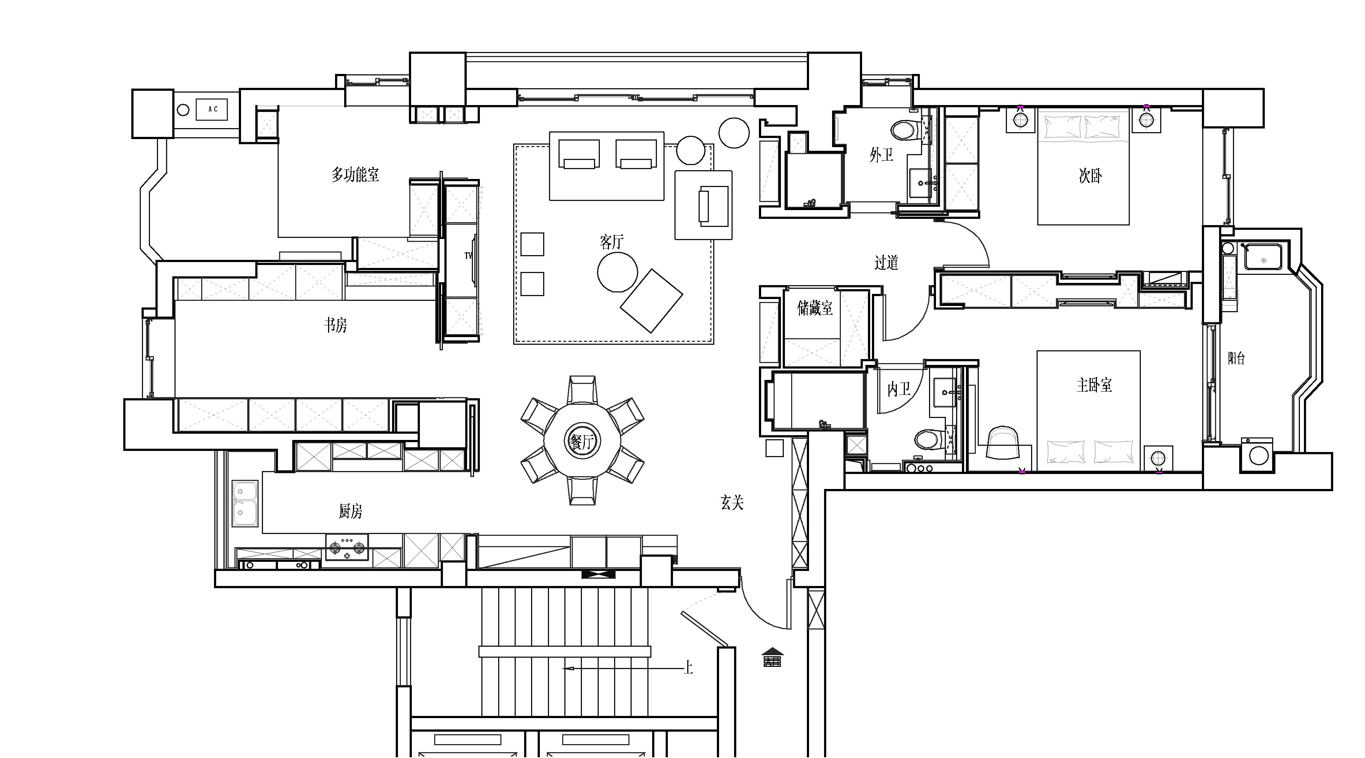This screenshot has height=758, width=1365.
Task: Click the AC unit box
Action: pos(213,109)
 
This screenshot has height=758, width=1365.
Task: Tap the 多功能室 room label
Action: pos(355,174)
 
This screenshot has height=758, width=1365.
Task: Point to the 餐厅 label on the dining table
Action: pos(582,441)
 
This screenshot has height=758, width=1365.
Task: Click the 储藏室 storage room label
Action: pos(815,308)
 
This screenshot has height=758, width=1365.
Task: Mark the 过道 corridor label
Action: pos(887,262)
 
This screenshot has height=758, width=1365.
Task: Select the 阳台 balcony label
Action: pos(1236,358)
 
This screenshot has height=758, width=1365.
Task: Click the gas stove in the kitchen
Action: pos(347,548)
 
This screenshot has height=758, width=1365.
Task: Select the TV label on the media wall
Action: pos(468,255)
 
